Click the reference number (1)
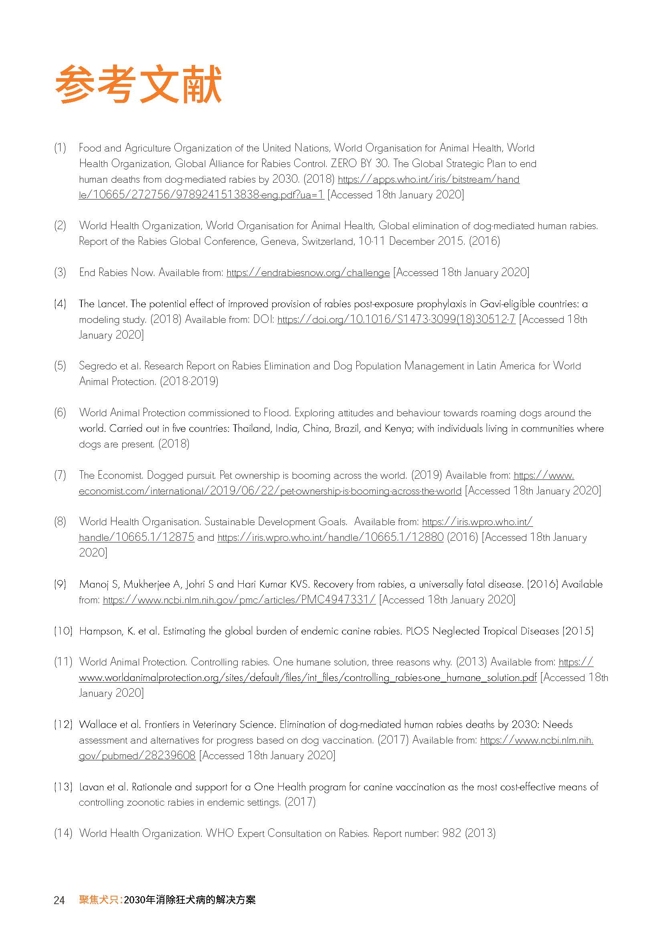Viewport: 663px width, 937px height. pyautogui.click(x=60, y=148)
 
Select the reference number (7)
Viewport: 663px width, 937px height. pyautogui.click(x=60, y=475)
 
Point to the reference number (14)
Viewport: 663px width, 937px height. pyautogui.click(x=63, y=833)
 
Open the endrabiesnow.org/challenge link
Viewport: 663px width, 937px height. pyautogui.click(x=308, y=273)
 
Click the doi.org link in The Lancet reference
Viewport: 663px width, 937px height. pyautogui.click(x=396, y=320)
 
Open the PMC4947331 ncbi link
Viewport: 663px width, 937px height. pyautogui.click(x=239, y=600)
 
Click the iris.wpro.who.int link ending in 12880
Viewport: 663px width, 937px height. pyautogui.click(x=330, y=538)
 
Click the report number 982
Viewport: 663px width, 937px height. pyautogui.click(x=451, y=833)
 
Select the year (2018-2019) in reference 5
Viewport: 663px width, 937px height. pyautogui.click(x=189, y=382)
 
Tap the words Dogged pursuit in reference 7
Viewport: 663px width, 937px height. pyautogui.click(x=181, y=475)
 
